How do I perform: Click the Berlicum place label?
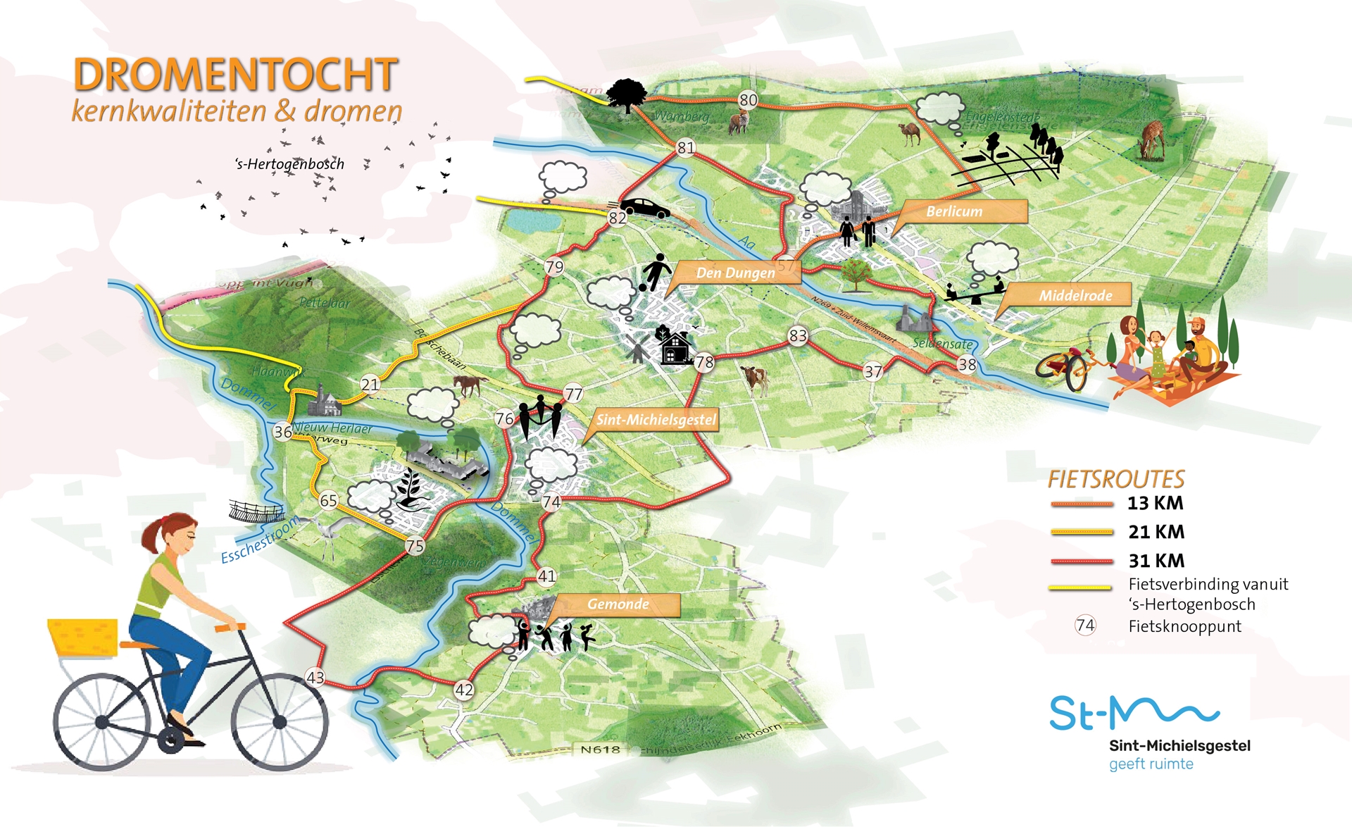954,211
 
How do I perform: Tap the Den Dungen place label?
735,273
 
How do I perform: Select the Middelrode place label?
1075,295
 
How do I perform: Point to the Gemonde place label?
618,604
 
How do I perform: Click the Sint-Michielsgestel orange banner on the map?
656,420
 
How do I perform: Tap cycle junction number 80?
748,100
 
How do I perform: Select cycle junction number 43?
315,678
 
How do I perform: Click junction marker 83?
798,336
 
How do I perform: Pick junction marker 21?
370,385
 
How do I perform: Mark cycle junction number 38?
967,364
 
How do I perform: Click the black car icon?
644,208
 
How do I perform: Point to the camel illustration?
910,133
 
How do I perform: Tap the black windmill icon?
638,349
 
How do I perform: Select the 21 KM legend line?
1081,533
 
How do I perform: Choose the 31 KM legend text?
1156,561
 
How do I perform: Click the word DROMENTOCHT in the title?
236,75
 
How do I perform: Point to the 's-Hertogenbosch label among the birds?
289,164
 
